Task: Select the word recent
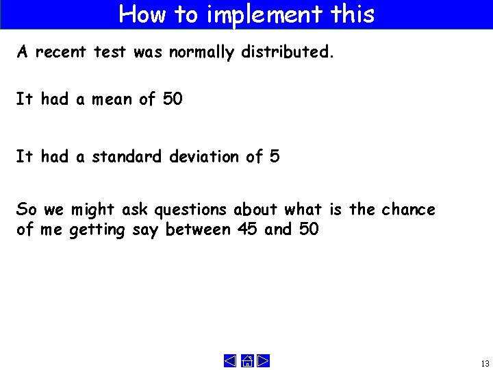(61, 53)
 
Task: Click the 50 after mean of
(173, 99)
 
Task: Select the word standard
(127, 157)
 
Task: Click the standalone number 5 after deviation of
(275, 157)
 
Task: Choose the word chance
(409, 209)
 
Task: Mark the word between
(199, 230)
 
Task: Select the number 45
(247, 230)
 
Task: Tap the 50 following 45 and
(309, 230)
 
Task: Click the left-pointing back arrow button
(231, 360)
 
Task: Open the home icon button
(246, 360)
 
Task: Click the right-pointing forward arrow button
(263, 360)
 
